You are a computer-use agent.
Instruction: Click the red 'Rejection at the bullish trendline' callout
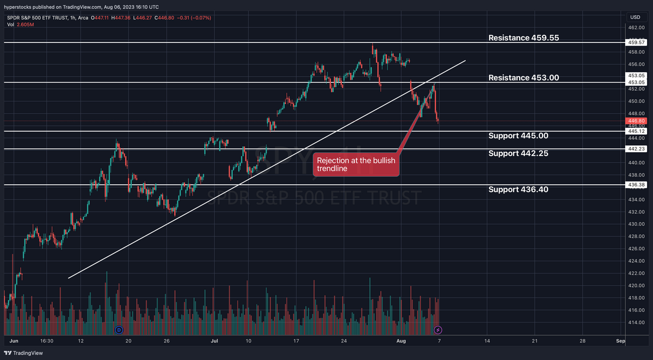coord(356,165)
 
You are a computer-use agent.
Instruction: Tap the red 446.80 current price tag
coord(636,121)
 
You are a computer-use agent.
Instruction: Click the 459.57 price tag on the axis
coord(636,42)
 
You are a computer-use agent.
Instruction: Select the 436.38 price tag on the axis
coord(636,185)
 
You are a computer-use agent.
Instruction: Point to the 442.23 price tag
coord(636,149)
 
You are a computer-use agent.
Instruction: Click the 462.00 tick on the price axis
coord(636,27)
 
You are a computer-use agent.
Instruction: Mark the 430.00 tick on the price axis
coord(636,224)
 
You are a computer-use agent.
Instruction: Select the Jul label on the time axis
coord(214,341)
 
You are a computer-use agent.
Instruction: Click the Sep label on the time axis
coord(620,341)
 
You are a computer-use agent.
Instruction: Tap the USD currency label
coord(636,17)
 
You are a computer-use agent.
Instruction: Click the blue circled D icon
coord(119,330)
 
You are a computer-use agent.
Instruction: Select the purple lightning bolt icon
coord(438,330)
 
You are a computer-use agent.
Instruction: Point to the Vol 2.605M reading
coord(21,24)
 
